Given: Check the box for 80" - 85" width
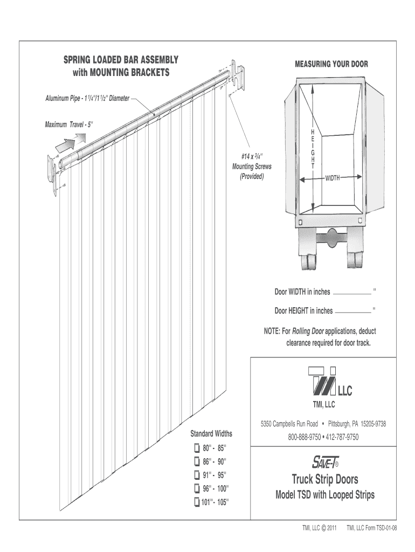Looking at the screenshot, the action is click(197, 448).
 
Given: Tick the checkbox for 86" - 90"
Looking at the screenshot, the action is click(197, 461).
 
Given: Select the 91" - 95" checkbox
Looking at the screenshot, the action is click(197, 475).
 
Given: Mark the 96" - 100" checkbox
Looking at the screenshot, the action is click(197, 488).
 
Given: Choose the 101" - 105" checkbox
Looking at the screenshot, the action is click(197, 502).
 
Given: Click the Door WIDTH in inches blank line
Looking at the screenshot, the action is click(352, 294).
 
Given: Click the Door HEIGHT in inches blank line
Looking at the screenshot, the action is click(353, 313).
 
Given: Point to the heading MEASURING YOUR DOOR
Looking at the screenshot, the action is click(331, 64).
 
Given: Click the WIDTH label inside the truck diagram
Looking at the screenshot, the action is click(333, 178).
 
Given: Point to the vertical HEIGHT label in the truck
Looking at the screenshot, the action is click(313, 149).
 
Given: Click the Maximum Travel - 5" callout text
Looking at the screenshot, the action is click(69, 125).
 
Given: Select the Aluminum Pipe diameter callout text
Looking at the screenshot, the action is click(87, 99).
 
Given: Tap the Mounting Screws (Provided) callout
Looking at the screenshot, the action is click(252, 167).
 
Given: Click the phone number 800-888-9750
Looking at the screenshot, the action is click(304, 437).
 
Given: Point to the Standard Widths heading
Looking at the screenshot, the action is click(211, 433).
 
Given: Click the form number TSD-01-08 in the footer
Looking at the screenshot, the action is click(387, 528).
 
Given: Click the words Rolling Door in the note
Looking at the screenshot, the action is click(308, 332).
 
